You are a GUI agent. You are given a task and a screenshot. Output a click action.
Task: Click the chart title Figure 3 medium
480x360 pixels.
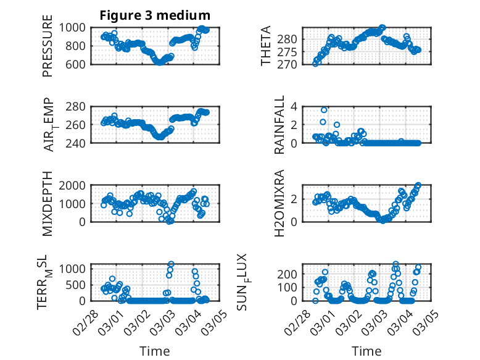(155, 15)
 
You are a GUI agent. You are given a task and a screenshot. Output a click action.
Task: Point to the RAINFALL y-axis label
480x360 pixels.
(280, 124)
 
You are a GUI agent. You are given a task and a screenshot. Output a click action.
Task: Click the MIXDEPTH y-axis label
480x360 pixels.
(48, 203)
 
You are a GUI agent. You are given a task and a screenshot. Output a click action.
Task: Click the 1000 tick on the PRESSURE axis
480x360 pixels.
(76, 27)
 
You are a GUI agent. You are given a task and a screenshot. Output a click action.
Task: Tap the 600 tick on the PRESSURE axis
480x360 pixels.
(79, 64)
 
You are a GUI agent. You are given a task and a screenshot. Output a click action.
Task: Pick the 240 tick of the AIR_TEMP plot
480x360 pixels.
(79, 143)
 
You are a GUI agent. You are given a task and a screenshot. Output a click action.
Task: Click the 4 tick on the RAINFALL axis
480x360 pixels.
(294, 106)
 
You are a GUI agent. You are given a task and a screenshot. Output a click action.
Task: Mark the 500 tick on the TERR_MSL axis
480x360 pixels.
(79, 284)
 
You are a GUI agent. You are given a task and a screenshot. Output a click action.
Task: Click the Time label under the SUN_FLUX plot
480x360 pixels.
(366, 351)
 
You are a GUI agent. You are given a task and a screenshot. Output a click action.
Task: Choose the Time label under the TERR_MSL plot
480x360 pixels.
(155, 351)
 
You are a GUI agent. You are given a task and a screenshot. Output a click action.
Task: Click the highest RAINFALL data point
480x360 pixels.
(324, 110)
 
